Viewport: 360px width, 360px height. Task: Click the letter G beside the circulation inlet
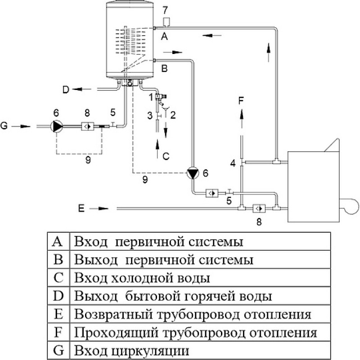(4, 126)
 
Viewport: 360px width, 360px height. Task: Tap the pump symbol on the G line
(57, 126)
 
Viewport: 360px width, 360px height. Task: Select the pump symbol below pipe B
(193, 173)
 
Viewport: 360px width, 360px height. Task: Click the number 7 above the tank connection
(165, 10)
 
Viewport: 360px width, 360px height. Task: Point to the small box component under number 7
(166, 22)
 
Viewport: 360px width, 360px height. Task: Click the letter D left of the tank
(66, 90)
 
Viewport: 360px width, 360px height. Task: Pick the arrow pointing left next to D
(82, 89)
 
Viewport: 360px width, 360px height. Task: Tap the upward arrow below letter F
(242, 118)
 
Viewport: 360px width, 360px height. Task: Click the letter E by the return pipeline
(81, 208)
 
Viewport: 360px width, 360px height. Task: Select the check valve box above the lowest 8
(259, 208)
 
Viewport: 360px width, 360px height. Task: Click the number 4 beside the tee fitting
(233, 163)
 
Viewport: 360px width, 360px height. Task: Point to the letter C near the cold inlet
(166, 156)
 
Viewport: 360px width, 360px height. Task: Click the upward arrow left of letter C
(157, 148)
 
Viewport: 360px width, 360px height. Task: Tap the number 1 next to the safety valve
(151, 97)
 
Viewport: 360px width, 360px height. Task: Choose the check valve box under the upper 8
(87, 126)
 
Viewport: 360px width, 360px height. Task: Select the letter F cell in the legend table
(58, 333)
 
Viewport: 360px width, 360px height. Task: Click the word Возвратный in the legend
(114, 315)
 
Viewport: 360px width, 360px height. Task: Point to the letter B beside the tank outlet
(164, 68)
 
